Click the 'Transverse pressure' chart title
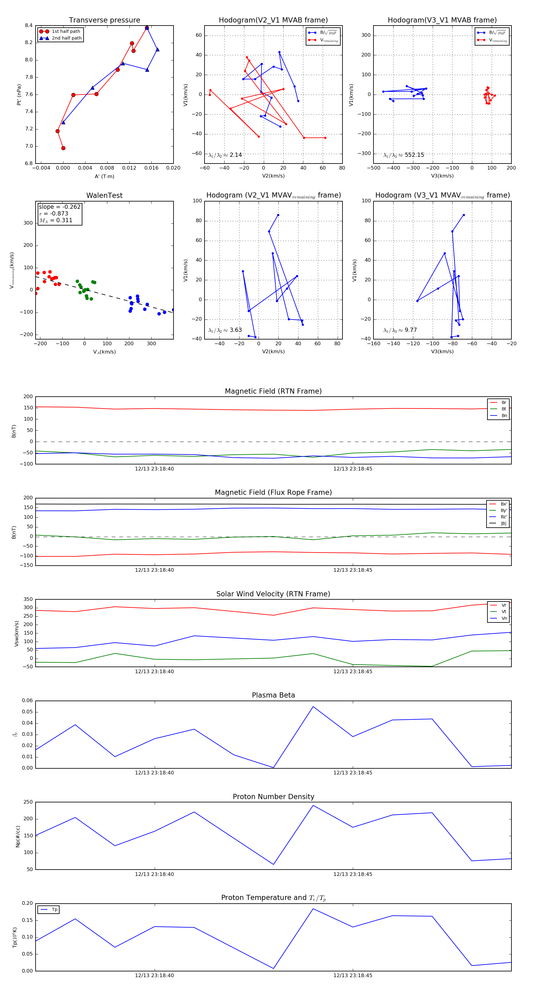tap(104, 20)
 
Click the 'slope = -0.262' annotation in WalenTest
tap(60, 207)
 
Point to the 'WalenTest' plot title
tap(104, 195)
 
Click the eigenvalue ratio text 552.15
tap(414, 155)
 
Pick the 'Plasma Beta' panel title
tap(273, 695)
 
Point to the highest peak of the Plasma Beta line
tap(313, 707)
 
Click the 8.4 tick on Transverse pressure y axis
tap(29, 26)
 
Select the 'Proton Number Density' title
tap(273, 797)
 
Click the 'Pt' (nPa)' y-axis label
tap(19, 95)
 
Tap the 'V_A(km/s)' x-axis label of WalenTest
tap(104, 352)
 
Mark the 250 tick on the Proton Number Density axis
tap(28, 802)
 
